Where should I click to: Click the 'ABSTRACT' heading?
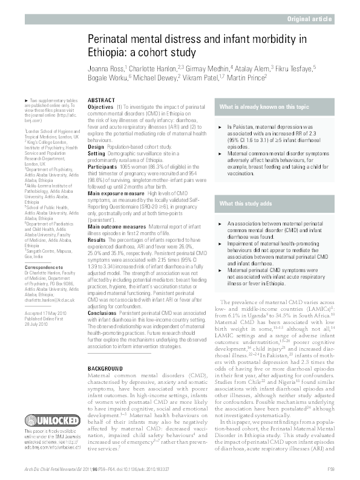(100, 100)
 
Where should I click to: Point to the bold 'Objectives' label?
(101, 106)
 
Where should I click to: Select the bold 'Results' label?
(97, 240)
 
